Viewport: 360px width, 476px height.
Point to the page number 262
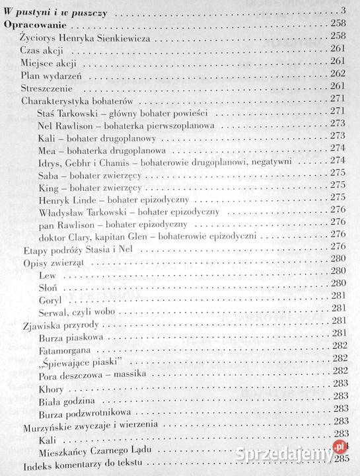click(x=338, y=74)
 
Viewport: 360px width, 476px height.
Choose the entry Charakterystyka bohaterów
click(x=78, y=99)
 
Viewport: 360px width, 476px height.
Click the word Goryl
click(x=51, y=297)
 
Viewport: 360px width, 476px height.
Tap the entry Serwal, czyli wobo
click(x=77, y=309)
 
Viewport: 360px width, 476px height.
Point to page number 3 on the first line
click(x=343, y=10)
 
